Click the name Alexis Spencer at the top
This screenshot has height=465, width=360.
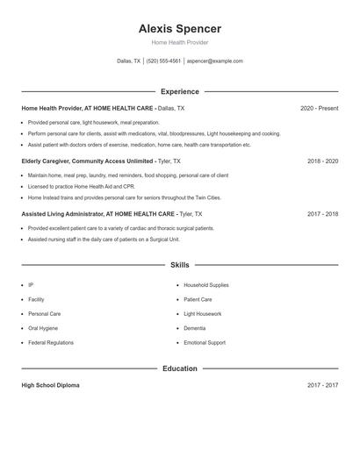pos(179,29)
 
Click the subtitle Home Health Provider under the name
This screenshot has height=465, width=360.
pos(179,42)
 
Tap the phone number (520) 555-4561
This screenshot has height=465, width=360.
pos(163,61)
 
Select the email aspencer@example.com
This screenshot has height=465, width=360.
pos(214,61)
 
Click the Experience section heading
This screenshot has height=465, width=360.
pos(179,91)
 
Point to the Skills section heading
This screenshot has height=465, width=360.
pos(179,264)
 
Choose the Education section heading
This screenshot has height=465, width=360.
pos(179,368)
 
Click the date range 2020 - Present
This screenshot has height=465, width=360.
pos(319,109)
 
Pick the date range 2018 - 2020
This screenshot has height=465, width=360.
pos(322,161)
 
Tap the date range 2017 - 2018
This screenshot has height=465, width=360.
pos(322,214)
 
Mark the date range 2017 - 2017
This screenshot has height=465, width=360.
pos(322,385)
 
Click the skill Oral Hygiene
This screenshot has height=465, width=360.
pos(44,328)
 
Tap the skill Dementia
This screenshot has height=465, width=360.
pos(195,328)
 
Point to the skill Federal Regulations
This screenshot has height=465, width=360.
pos(51,342)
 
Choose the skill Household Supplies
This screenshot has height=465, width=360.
pos(206,285)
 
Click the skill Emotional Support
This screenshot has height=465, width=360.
pos(205,342)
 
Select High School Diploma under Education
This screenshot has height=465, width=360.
pos(50,385)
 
